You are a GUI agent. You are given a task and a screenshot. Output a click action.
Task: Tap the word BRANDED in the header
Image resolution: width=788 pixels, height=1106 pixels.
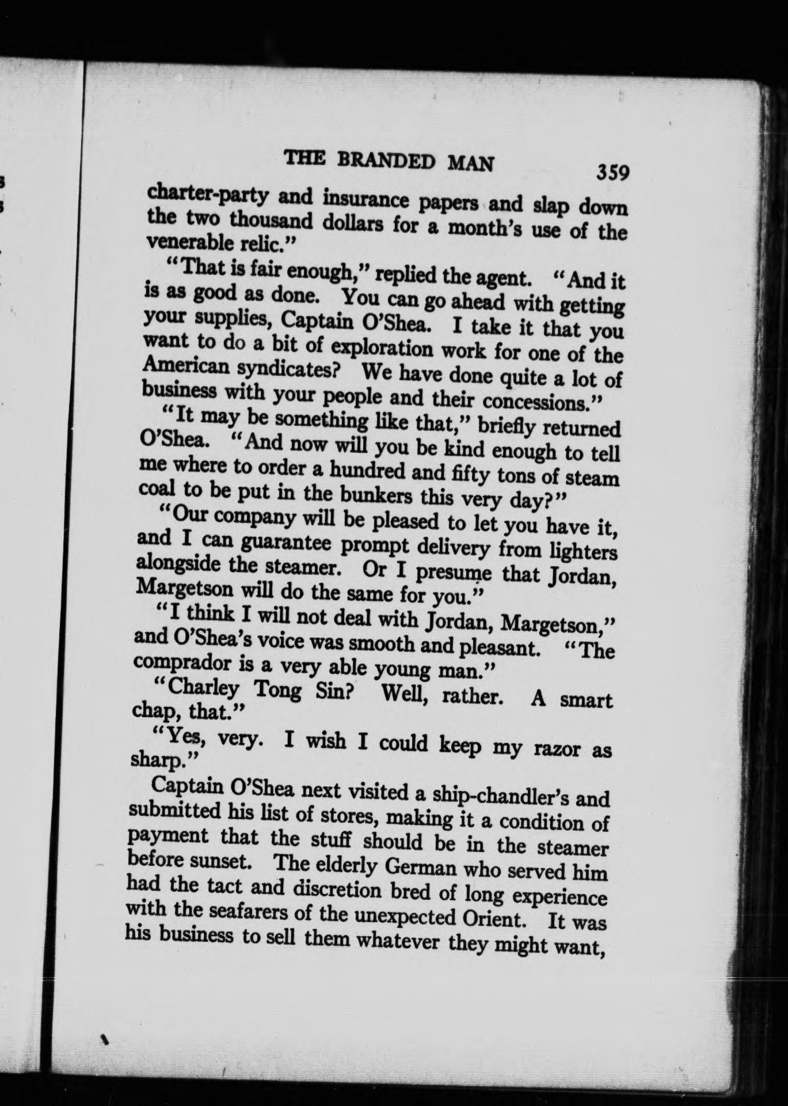point(389,161)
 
